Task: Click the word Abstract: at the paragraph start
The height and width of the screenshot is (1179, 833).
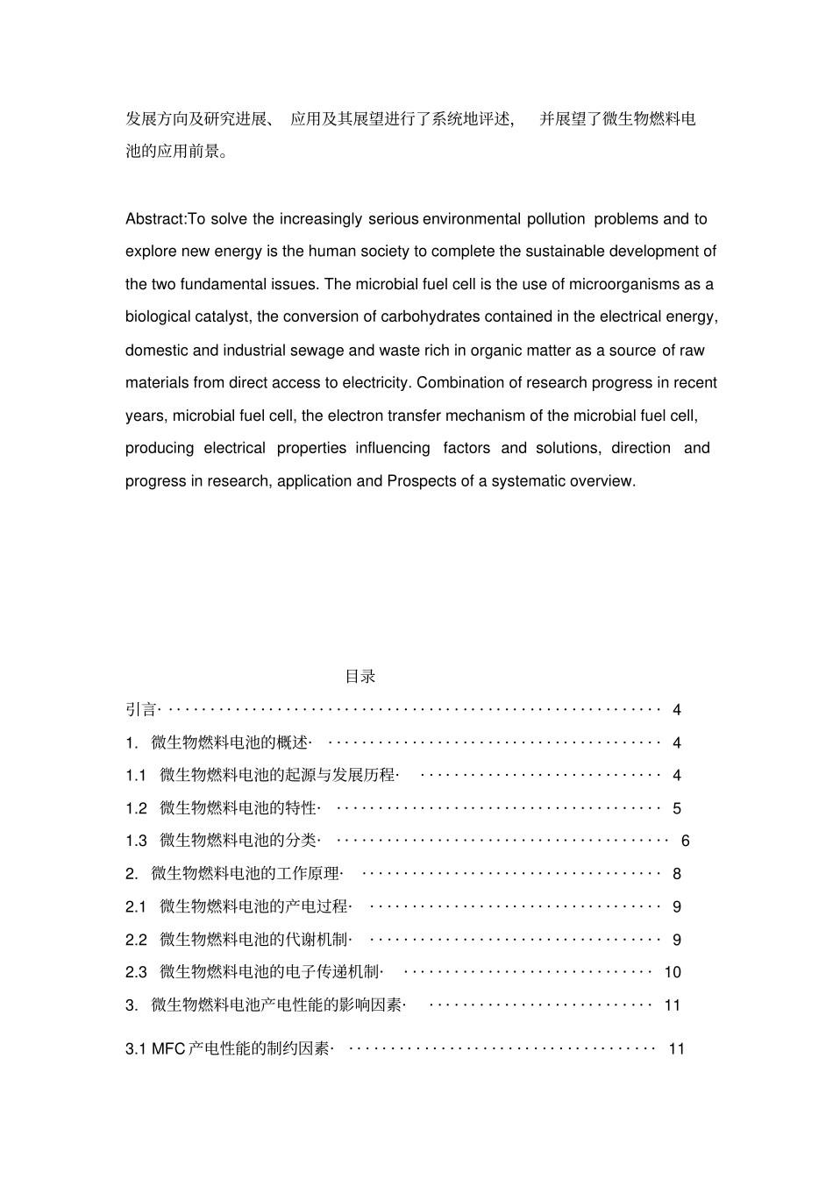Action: [x=156, y=219]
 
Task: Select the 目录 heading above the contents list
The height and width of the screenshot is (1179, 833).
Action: [x=360, y=677]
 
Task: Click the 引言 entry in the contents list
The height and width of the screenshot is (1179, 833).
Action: [x=140, y=710]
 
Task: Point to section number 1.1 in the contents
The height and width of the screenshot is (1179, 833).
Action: [x=136, y=776]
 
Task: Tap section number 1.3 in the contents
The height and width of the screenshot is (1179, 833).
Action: [x=136, y=842]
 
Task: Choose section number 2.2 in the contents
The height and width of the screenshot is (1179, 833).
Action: [x=136, y=941]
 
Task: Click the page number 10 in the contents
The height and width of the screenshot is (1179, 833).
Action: [x=673, y=972]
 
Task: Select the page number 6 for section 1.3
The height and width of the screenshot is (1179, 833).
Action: [x=685, y=842]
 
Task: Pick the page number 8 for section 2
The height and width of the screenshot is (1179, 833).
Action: [x=676, y=874]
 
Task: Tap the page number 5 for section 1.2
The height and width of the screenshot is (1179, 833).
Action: [x=676, y=808]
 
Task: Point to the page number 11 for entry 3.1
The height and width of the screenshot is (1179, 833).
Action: [x=676, y=1049]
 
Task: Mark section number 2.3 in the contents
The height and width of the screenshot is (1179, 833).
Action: [x=136, y=972]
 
